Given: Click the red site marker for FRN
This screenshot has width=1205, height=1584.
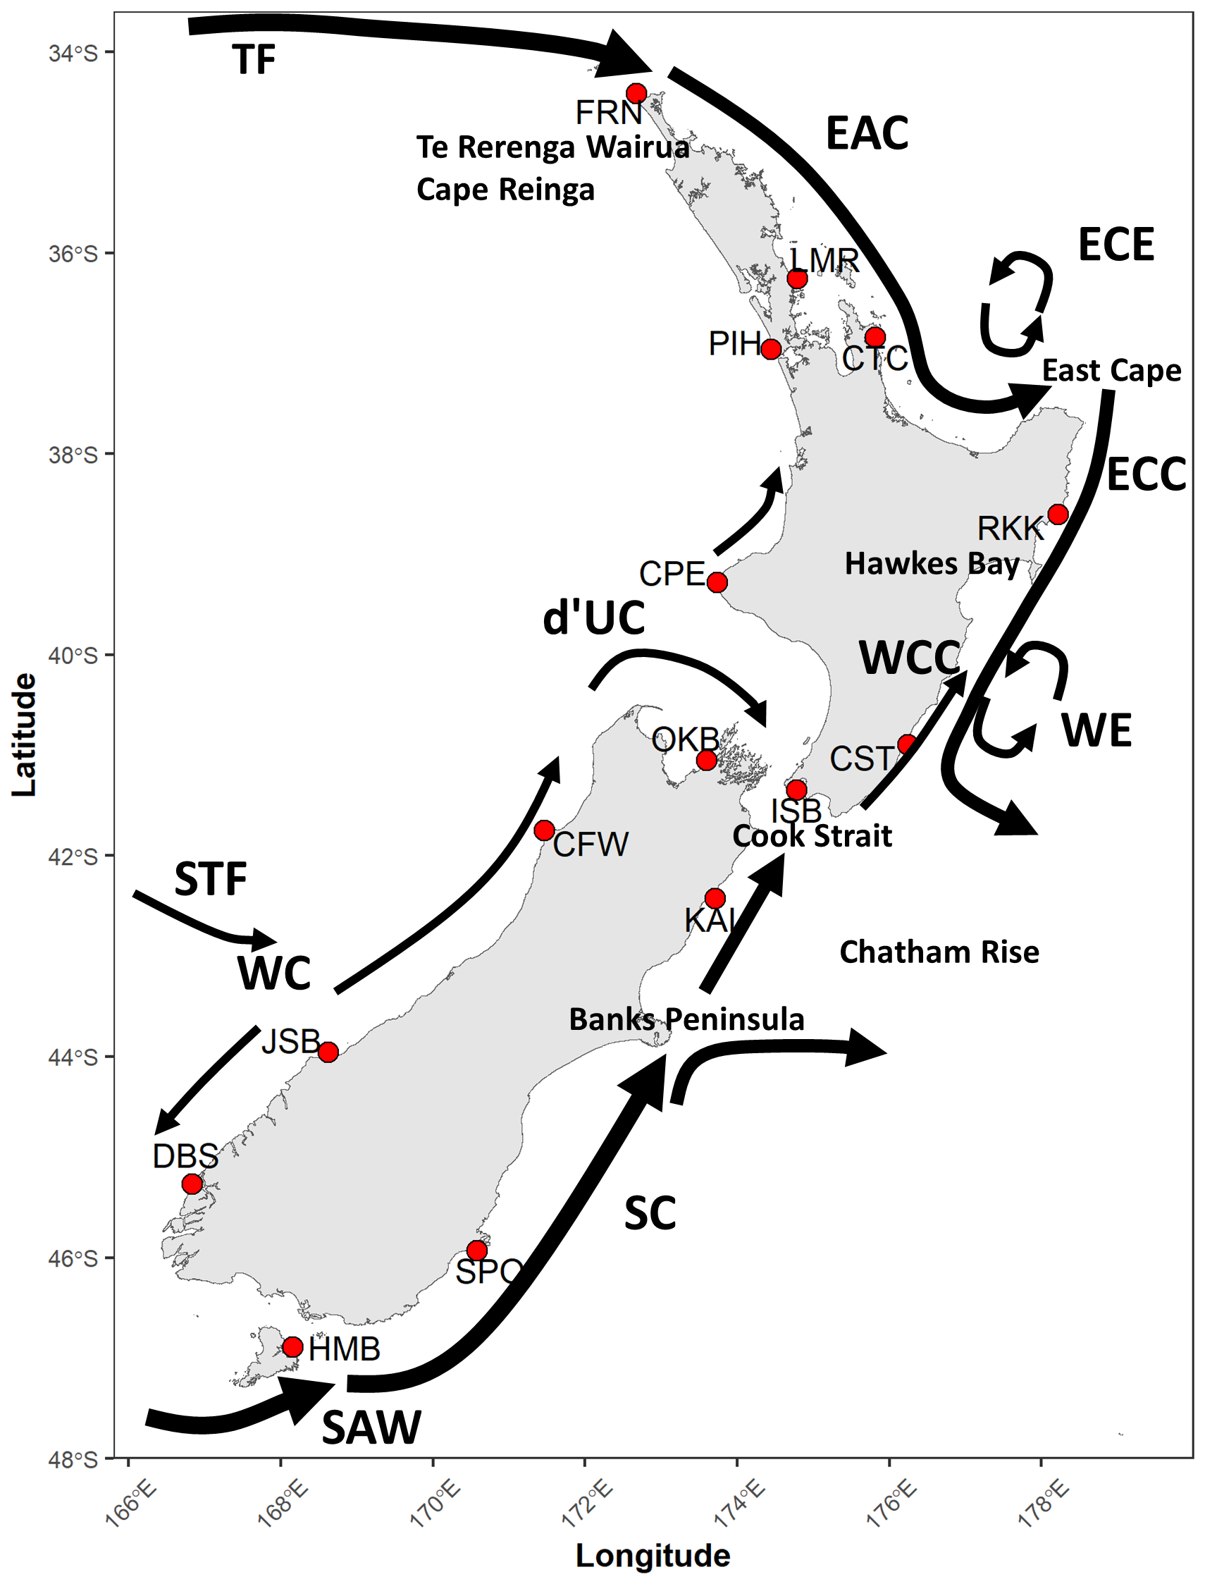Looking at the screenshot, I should point(636,93).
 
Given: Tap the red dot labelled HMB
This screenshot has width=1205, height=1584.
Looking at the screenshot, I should point(292,1346).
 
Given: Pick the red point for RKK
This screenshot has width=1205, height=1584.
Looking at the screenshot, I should point(1058,515).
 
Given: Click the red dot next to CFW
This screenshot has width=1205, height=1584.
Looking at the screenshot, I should point(545,830).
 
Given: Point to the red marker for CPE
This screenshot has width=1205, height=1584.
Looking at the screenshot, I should point(717,582).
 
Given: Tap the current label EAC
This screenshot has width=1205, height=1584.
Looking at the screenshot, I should point(867,133).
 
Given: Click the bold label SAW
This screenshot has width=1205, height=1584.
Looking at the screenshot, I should point(371,1428).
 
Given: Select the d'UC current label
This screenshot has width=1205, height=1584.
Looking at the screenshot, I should point(593,618).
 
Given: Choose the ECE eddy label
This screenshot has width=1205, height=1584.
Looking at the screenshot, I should point(1116,245).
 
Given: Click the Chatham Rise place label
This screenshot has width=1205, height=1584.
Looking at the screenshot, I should point(939,952).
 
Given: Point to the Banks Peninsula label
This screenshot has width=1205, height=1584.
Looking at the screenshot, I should point(686,1019).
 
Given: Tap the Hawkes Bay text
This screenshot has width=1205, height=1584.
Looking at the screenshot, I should point(932,565).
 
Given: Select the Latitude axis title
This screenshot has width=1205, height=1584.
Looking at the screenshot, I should point(25,735).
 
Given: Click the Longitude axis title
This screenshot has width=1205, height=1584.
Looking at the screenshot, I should point(653,1555).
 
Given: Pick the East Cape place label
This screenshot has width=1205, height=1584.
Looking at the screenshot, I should point(1111,371).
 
